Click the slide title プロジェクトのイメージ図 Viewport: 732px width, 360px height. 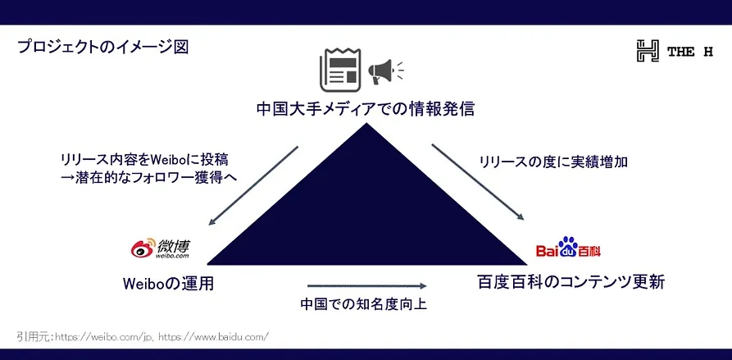[x=102, y=48]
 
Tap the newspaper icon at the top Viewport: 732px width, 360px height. [x=339, y=70]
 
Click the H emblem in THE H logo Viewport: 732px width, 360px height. [x=648, y=51]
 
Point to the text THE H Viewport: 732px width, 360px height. [x=690, y=52]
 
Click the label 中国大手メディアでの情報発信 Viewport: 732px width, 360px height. [x=366, y=109]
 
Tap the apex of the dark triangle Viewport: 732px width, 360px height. [x=366, y=123]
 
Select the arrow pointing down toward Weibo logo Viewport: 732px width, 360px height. [x=252, y=186]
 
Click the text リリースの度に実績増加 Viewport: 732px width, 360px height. [x=553, y=162]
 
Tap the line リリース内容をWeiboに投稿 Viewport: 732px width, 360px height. [x=145, y=160]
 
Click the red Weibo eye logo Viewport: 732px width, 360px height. [x=143, y=249]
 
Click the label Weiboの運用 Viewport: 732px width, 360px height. [x=168, y=284]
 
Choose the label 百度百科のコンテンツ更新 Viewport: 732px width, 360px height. [x=571, y=282]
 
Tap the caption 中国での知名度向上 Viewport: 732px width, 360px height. [x=364, y=304]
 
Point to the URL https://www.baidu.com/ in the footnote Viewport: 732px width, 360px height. [x=214, y=337]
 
